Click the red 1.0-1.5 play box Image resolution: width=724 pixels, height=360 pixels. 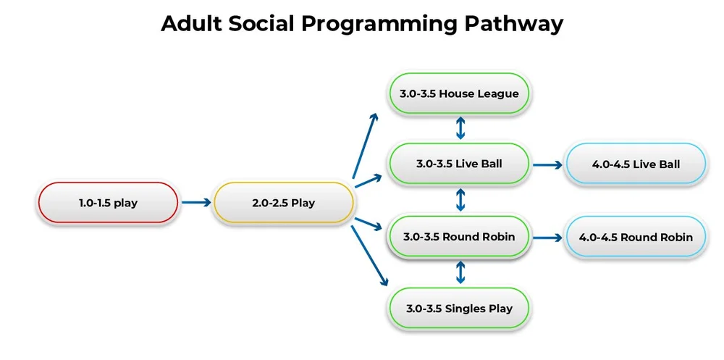pyautogui.click(x=107, y=203)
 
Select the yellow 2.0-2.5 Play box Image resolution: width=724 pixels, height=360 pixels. pyautogui.click(x=283, y=203)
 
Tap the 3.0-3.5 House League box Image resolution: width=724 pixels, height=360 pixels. pyautogui.click(x=459, y=93)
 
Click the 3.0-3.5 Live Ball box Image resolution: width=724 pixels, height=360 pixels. pyautogui.click(x=459, y=164)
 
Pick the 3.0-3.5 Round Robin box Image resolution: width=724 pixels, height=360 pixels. pyautogui.click(x=459, y=237)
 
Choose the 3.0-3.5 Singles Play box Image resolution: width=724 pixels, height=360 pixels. pyautogui.click(x=459, y=309)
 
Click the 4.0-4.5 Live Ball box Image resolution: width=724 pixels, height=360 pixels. pyautogui.click(x=636, y=164)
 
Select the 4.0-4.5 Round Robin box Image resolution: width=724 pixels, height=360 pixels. pyautogui.click(x=636, y=237)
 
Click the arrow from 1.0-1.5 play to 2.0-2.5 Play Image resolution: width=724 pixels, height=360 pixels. pyautogui.click(x=195, y=203)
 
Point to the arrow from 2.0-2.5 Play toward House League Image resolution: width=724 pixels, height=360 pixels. pyautogui.click(x=365, y=145)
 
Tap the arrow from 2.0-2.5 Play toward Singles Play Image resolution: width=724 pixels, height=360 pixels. pyautogui.click(x=367, y=257)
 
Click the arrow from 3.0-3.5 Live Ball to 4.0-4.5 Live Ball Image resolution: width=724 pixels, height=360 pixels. pyautogui.click(x=547, y=164)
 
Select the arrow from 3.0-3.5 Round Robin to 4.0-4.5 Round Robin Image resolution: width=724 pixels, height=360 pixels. pyautogui.click(x=547, y=237)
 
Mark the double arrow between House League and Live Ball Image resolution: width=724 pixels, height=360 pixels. pyautogui.click(x=460, y=128)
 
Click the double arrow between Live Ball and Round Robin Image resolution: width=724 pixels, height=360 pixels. pyautogui.click(x=460, y=200)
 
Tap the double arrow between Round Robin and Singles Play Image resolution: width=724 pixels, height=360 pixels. pyautogui.click(x=460, y=272)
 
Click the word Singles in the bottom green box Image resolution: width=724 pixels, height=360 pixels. pyautogui.click(x=466, y=309)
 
